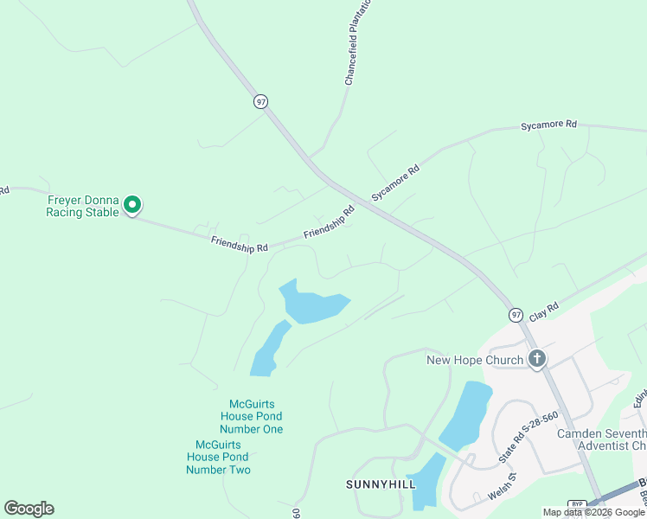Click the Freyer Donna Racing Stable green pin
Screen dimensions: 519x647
[x=132, y=204]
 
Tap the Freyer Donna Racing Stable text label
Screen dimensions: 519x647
[x=82, y=206]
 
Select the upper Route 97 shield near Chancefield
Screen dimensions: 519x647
[x=260, y=101]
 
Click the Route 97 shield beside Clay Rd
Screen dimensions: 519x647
[x=516, y=315]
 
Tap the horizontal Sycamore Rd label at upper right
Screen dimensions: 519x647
[x=548, y=125]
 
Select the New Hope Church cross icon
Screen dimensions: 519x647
[x=536, y=359]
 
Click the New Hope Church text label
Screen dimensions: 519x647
[x=475, y=360]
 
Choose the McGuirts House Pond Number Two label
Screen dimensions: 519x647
[x=218, y=457]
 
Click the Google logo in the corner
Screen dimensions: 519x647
[x=29, y=508]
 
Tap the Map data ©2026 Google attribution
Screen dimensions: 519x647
[x=593, y=512]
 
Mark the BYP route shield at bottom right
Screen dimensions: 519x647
[x=577, y=505]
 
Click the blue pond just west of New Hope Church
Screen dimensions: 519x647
[x=466, y=413]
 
